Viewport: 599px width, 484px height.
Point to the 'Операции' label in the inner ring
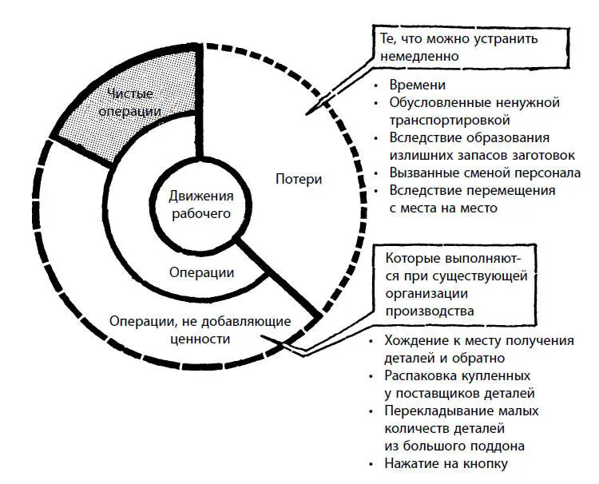coord(201,272)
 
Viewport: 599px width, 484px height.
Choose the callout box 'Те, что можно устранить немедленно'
coord(470,46)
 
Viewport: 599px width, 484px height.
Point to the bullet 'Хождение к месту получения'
coord(479,341)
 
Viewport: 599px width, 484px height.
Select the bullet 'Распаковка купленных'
coord(459,375)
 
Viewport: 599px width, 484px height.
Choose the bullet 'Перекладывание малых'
coord(463,411)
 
